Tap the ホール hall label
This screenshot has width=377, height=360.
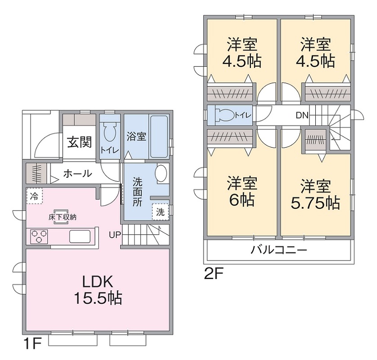click(x=77, y=173)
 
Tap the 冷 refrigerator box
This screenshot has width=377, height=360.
click(x=34, y=196)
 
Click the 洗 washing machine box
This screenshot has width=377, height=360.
click(x=160, y=211)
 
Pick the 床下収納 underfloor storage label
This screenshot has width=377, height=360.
click(x=63, y=217)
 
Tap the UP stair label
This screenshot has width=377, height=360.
click(x=114, y=234)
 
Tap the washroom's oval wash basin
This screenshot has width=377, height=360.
click(x=161, y=173)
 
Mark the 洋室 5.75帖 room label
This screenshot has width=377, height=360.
click(x=315, y=194)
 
